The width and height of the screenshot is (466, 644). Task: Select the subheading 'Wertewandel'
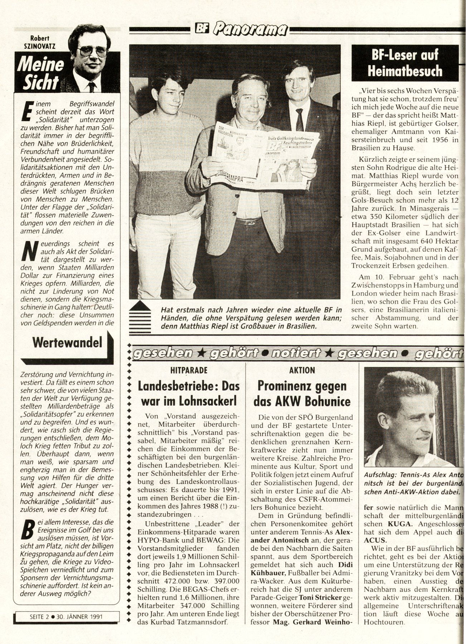pyautogui.click(x=67, y=342)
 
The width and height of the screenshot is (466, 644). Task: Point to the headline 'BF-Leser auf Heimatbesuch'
pyautogui.click(x=405, y=64)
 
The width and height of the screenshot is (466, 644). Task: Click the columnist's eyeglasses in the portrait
pyautogui.click(x=92, y=51)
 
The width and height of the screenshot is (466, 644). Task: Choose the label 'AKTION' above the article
pyautogui.click(x=302, y=370)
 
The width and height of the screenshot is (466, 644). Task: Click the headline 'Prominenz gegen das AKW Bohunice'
pyautogui.click(x=302, y=394)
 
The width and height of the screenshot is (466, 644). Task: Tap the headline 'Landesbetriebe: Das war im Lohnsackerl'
pyautogui.click(x=188, y=394)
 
